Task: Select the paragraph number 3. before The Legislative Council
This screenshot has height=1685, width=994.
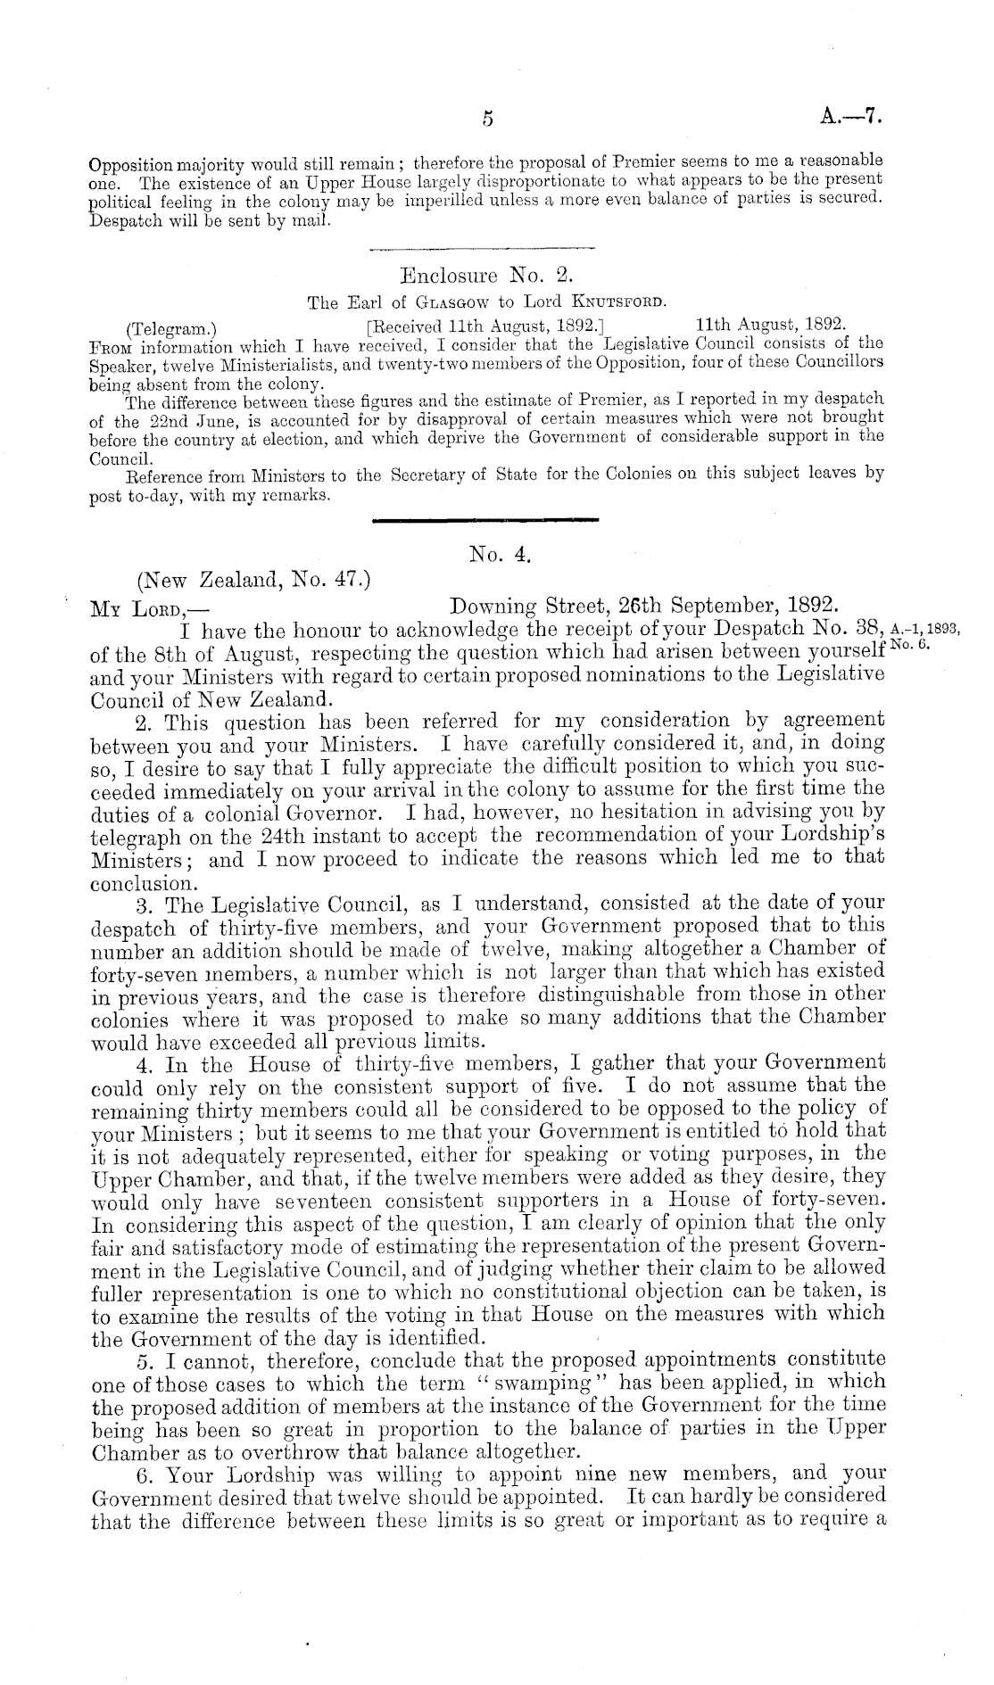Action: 142,905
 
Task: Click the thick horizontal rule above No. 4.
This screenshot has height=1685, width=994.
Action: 484,519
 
